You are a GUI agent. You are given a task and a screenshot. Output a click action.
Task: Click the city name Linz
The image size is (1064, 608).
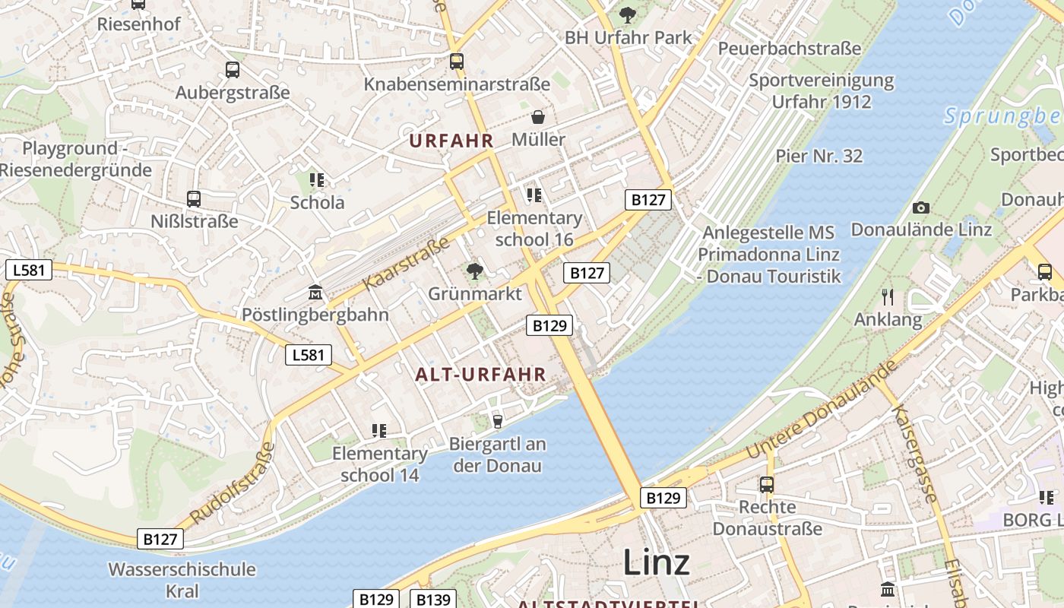pyautogui.click(x=657, y=562)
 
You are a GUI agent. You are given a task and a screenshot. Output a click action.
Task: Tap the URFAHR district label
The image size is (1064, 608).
pyautogui.click(x=451, y=141)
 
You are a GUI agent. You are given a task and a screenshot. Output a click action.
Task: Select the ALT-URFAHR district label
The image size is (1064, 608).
pyautogui.click(x=481, y=374)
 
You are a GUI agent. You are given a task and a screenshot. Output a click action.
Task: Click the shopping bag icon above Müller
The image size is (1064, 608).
pyautogui.click(x=538, y=117)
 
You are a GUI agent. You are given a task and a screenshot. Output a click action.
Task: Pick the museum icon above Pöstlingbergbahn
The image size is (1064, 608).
pyautogui.click(x=315, y=293)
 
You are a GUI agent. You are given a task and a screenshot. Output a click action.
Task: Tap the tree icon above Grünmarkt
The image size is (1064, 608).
pyautogui.click(x=475, y=271)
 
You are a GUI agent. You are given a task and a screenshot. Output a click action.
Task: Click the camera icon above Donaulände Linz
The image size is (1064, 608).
pyautogui.click(x=921, y=207)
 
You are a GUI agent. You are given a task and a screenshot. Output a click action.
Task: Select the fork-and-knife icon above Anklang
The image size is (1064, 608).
pyautogui.click(x=888, y=296)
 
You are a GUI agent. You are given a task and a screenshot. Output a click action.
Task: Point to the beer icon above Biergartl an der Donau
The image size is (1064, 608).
pyautogui.click(x=498, y=420)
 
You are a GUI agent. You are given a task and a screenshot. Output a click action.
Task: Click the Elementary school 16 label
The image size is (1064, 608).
pyautogui.click(x=534, y=229)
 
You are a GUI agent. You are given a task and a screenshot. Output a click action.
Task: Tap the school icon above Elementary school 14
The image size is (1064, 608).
pyautogui.click(x=379, y=431)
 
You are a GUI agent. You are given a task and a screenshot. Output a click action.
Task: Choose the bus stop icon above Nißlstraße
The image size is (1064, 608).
pyautogui.click(x=194, y=199)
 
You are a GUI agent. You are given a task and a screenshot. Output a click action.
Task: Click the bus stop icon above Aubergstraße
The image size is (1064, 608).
pyautogui.click(x=233, y=70)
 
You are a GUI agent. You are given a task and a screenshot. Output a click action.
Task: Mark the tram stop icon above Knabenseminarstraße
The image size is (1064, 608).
pyautogui.click(x=456, y=62)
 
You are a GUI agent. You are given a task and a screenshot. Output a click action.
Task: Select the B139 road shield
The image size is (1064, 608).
pyautogui.click(x=434, y=600)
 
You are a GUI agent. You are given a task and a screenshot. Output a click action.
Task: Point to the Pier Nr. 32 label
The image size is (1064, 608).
pyautogui.click(x=819, y=156)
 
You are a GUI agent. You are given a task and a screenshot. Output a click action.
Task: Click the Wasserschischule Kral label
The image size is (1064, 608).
pyautogui.click(x=182, y=580)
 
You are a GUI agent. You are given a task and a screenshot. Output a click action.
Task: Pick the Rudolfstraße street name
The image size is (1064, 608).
pyautogui.click(x=233, y=483)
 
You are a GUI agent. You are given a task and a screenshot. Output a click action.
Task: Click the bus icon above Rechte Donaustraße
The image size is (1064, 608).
pyautogui.click(x=767, y=484)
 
